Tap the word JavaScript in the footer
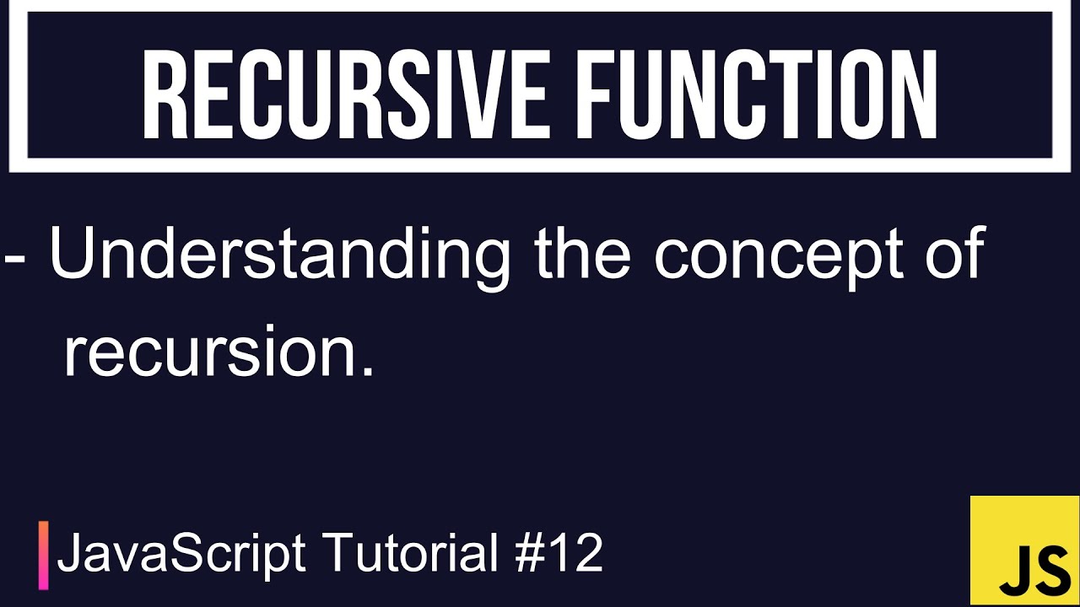[x=181, y=555]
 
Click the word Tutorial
[x=411, y=553]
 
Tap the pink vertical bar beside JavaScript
[x=43, y=556]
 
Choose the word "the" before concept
[x=582, y=254]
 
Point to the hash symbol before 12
[x=529, y=554]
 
